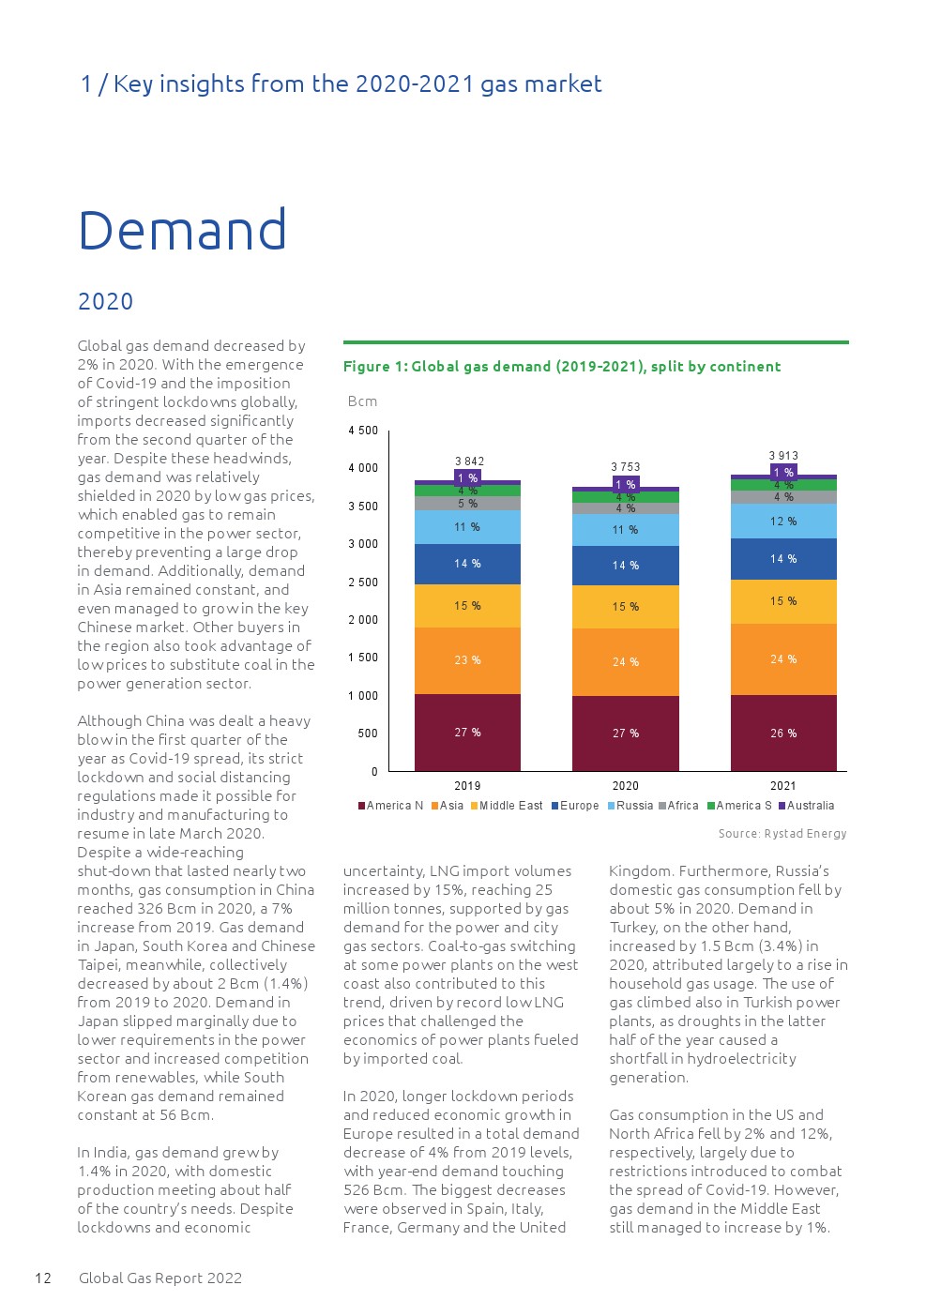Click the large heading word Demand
click(182, 231)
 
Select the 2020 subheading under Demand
click(105, 301)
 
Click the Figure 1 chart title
click(561, 366)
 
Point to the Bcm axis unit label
click(362, 401)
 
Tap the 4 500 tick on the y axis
click(363, 431)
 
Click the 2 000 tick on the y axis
click(363, 620)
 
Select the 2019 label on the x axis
click(467, 786)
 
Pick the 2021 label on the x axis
click(782, 786)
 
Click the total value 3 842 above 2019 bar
click(469, 461)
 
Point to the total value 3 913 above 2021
click(783, 456)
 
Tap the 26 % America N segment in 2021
click(783, 734)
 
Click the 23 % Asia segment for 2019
click(467, 660)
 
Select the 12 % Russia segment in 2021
click(783, 522)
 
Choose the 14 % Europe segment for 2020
click(626, 566)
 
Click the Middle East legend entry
click(507, 806)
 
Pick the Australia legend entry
click(806, 806)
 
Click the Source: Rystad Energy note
click(782, 834)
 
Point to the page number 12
click(43, 1278)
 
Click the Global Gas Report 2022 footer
click(160, 1278)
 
